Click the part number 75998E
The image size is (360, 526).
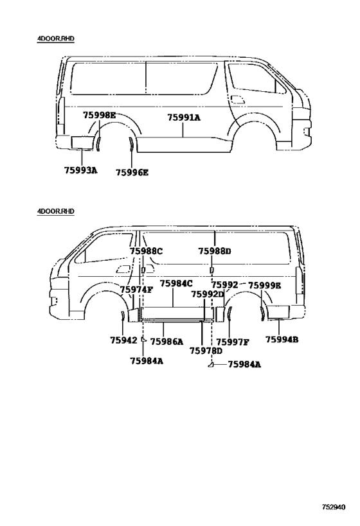100,116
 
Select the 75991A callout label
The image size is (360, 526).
184,118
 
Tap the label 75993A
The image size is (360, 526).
81,170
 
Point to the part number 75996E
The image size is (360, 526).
132,173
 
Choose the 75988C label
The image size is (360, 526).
146,251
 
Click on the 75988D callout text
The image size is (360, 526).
215,251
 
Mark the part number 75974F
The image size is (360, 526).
137,290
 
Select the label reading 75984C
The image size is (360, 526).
176,283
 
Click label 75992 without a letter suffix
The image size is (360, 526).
224,285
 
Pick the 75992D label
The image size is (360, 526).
208,294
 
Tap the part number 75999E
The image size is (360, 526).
265,285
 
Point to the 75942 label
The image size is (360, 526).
123,340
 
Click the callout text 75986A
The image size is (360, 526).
167,342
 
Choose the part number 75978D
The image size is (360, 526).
206,351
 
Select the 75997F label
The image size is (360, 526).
233,342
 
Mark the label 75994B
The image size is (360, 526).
282,340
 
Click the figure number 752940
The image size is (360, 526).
334,507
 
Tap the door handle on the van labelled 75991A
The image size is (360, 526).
238,99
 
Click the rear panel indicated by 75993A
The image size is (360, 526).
82,143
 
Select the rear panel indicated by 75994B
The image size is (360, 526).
278,312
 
